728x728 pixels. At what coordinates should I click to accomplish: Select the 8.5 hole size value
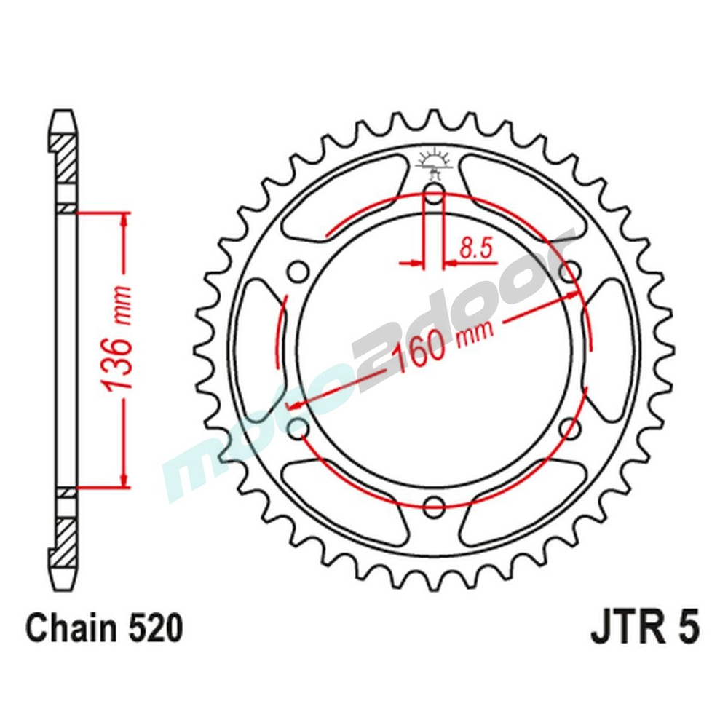[477, 250]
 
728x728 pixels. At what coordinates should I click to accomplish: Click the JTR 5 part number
[644, 628]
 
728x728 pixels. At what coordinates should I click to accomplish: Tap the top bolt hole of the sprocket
[434, 194]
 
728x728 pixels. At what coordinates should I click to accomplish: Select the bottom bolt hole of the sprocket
[434, 504]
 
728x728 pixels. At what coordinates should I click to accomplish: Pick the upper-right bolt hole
[571, 272]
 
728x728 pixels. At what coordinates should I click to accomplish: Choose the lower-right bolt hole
[571, 427]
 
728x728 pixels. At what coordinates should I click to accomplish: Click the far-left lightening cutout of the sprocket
[256, 349]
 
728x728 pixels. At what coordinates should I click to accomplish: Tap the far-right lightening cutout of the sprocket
[612, 349]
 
